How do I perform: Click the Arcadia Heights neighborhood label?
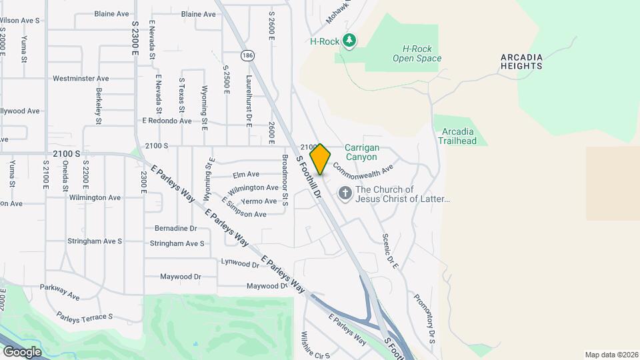pos(521,61)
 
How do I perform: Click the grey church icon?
pos(345,194)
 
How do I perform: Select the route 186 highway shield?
pos(248,55)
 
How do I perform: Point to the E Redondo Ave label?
pos(167,121)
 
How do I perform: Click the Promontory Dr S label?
pos(424,318)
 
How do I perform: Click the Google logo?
pos(22,352)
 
